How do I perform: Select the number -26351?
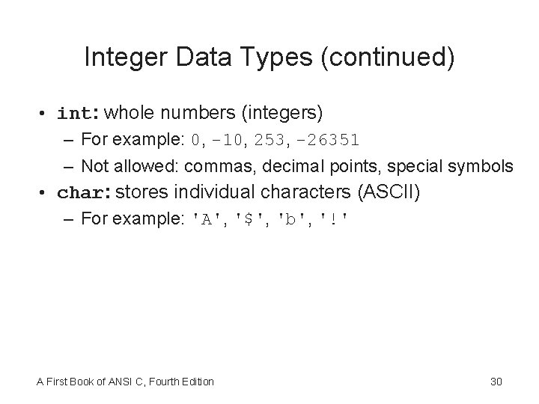tap(327, 140)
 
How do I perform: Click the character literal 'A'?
tap(207, 219)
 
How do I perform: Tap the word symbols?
tap(484, 165)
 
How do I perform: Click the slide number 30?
tap(496, 382)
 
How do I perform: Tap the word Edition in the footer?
tap(196, 382)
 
